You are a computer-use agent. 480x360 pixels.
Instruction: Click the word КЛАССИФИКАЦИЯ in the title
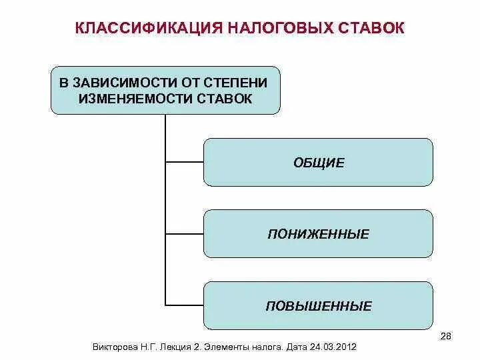(147, 28)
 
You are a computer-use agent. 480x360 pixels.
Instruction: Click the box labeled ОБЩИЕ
(318, 162)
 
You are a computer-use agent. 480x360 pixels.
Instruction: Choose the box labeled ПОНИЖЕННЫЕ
(318, 234)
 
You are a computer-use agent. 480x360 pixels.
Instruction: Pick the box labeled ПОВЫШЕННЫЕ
(318, 306)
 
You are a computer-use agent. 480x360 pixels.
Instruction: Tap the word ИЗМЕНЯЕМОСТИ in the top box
(136, 99)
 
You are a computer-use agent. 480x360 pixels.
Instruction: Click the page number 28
(446, 335)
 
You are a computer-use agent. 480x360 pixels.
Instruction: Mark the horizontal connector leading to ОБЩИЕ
(184, 162)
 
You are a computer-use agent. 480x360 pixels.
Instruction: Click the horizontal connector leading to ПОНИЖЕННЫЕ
(184, 234)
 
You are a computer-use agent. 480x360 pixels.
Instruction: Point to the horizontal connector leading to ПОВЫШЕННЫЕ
(184, 306)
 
